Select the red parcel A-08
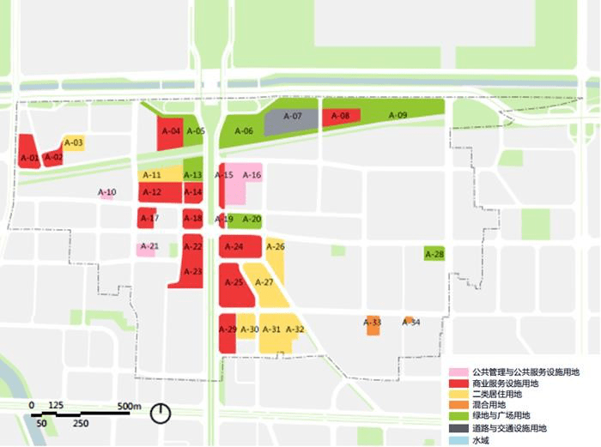tap(340, 117)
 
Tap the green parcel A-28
tap(435, 254)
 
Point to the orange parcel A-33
tap(373, 325)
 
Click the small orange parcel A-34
tap(410, 321)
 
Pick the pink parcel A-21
tap(148, 248)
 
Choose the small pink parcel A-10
tap(107, 193)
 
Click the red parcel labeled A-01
tap(28, 154)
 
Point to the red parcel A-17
tap(148, 218)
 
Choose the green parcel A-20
tap(249, 220)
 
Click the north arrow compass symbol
tap(161, 414)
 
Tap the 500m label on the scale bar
tap(129, 406)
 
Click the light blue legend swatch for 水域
tap(462, 440)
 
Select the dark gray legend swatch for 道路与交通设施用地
tap(462, 427)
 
